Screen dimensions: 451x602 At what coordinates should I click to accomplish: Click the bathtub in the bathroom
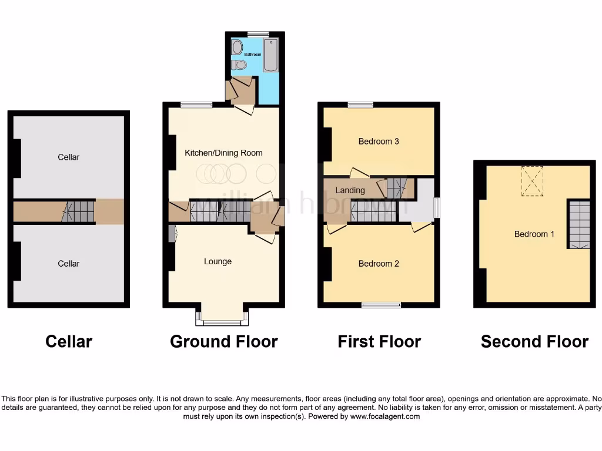point(270,55)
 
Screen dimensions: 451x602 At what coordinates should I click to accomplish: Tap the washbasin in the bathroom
point(237,47)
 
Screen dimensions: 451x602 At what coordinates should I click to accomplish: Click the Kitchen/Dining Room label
point(223,153)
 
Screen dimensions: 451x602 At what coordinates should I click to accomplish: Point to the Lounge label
point(218,261)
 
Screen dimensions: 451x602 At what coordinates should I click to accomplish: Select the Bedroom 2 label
point(379,264)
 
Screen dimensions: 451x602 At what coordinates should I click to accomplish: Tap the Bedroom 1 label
point(534,234)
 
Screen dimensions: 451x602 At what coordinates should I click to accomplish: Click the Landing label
point(350,190)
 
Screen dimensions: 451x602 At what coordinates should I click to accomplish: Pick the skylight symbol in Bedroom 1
point(533,180)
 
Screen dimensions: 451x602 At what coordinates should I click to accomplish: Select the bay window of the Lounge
point(222,321)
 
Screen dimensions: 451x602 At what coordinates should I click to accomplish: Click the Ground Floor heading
point(223,341)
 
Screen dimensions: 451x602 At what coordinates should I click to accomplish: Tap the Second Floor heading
point(534,341)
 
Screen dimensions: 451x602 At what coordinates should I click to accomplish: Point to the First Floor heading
point(379,341)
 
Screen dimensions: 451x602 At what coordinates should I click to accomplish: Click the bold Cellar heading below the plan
point(69,341)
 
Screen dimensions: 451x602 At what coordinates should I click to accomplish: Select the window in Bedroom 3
point(360,105)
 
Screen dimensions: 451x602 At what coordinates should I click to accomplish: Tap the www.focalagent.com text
point(384,416)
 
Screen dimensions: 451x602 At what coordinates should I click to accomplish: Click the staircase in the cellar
point(79,211)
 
